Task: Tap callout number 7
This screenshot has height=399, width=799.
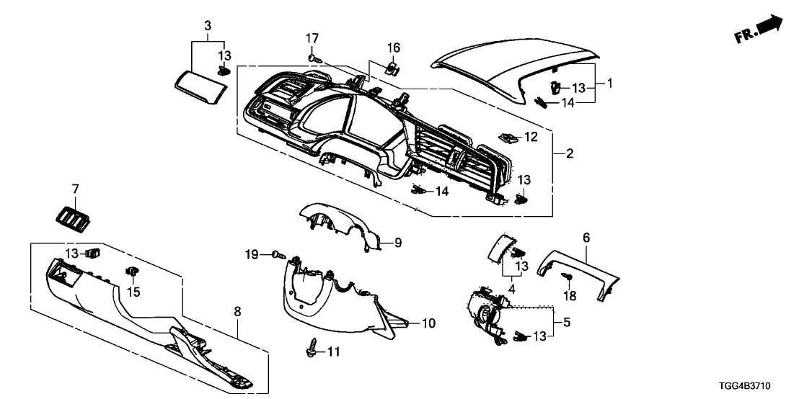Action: pos(74,188)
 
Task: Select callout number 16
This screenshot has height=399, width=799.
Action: pos(393,48)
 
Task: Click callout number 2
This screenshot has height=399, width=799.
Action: pos(569,153)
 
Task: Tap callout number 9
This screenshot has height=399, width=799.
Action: pos(397,243)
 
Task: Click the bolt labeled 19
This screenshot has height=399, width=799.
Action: pos(279,254)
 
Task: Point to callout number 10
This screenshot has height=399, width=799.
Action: pos(428,323)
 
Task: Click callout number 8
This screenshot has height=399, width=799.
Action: pos(238,312)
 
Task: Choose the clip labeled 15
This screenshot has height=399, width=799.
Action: pos(132,272)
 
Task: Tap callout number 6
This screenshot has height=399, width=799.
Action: pos(586,236)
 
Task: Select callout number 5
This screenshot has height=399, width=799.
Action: pos(566,324)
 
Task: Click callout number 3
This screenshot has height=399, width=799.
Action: pos(208,27)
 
